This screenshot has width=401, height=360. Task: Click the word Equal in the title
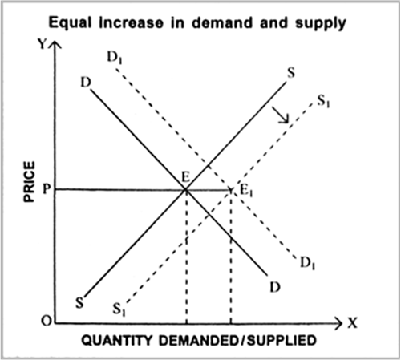[x=70, y=22]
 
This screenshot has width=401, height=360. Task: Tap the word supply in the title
[x=321, y=23]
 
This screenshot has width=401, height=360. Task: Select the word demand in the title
[x=222, y=22]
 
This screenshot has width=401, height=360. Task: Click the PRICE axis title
[x=30, y=182]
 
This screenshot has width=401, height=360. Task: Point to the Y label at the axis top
[x=43, y=44]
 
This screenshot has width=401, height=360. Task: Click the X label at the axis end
[x=352, y=323]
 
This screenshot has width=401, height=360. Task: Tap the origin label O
[x=47, y=321]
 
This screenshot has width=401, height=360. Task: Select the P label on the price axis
[x=47, y=189]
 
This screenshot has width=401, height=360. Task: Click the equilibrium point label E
[x=185, y=177]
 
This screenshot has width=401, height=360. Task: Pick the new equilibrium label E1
[x=246, y=191]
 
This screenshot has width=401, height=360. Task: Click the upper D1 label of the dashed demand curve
[x=115, y=57]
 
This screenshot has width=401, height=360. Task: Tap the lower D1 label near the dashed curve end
[x=308, y=263]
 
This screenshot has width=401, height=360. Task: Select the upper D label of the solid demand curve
[x=86, y=83]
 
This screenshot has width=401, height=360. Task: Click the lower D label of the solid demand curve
[x=275, y=287]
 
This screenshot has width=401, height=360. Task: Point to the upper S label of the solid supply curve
[x=291, y=72]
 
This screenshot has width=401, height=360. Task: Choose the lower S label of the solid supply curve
[x=79, y=303]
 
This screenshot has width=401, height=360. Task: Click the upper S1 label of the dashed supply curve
[x=323, y=102]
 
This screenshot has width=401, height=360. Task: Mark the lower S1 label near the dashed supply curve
[x=119, y=309]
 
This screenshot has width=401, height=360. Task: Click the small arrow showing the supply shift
[x=281, y=115]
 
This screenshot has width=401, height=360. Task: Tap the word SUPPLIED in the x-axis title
[x=282, y=341]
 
